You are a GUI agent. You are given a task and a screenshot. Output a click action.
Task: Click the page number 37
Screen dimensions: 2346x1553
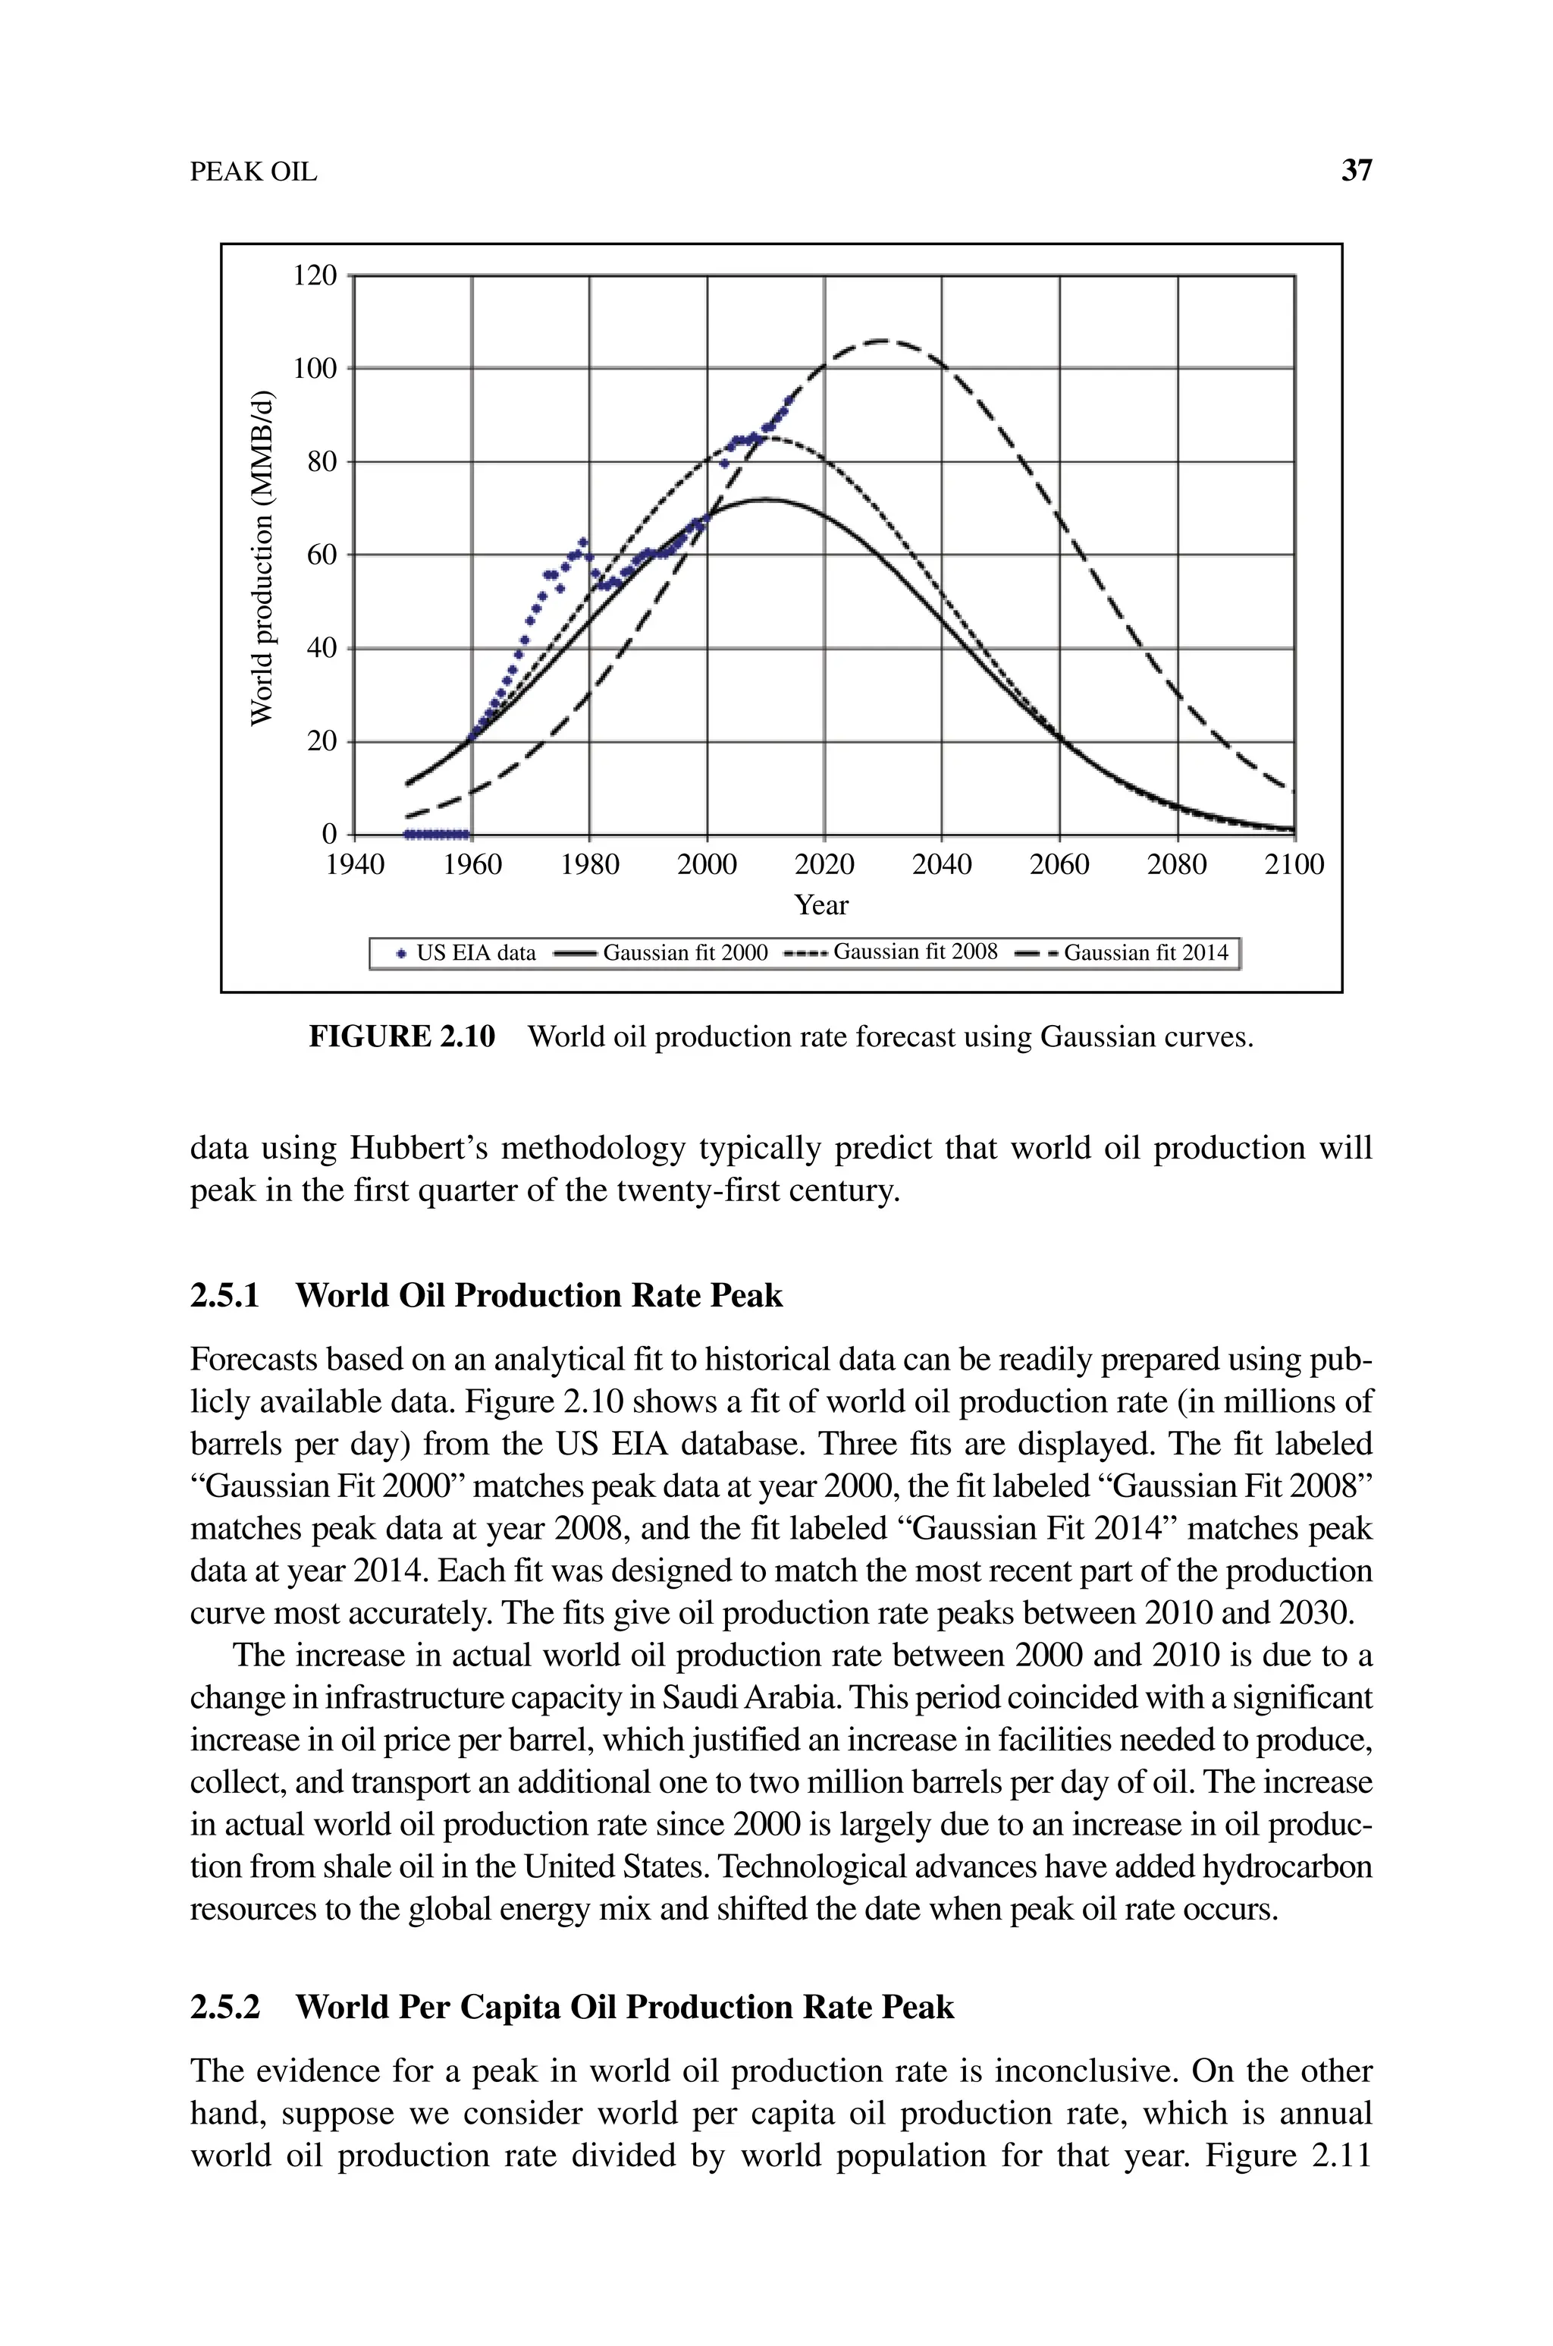[x=1356, y=171]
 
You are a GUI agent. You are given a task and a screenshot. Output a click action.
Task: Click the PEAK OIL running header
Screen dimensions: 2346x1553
[x=253, y=172]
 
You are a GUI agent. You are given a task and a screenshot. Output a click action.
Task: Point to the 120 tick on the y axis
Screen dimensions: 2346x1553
[x=315, y=275]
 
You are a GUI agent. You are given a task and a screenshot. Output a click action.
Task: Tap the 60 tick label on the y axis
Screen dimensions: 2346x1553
[x=321, y=555]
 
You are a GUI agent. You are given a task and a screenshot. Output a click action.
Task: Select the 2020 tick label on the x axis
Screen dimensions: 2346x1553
[x=824, y=866]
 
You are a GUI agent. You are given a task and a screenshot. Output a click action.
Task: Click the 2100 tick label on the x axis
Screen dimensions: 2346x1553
[x=1294, y=866]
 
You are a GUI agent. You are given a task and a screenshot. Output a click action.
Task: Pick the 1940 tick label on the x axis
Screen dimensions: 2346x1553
[x=355, y=866]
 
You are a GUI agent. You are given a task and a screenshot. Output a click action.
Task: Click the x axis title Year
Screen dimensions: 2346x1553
[x=821, y=905]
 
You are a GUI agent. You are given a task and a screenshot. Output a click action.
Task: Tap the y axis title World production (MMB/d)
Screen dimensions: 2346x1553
[x=261, y=557]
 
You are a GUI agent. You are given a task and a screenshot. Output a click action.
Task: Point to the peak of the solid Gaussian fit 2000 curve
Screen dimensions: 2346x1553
[x=764, y=499]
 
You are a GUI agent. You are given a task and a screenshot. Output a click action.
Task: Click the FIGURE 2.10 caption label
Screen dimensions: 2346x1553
[x=402, y=1037]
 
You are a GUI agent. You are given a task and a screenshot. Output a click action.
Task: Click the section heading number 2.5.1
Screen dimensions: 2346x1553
[x=224, y=1296]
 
